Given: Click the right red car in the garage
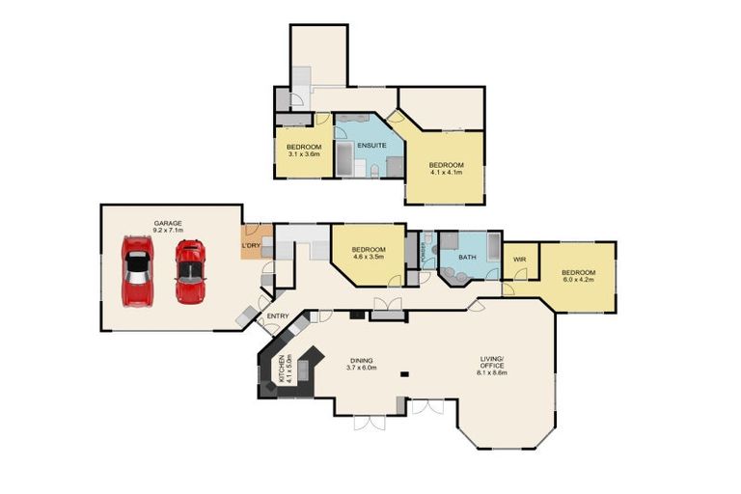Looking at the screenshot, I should point(190,271).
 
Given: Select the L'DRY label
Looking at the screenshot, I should point(251,245).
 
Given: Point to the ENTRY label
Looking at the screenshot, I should point(278,316).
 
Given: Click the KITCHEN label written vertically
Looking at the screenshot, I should point(282,370).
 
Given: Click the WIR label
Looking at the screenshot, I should point(519,259).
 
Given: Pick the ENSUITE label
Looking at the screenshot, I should point(371,146).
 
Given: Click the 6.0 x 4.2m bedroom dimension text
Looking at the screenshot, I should point(579,280).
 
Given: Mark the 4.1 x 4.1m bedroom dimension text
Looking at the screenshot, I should point(446,172).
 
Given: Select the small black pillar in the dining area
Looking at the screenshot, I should point(406,373).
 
